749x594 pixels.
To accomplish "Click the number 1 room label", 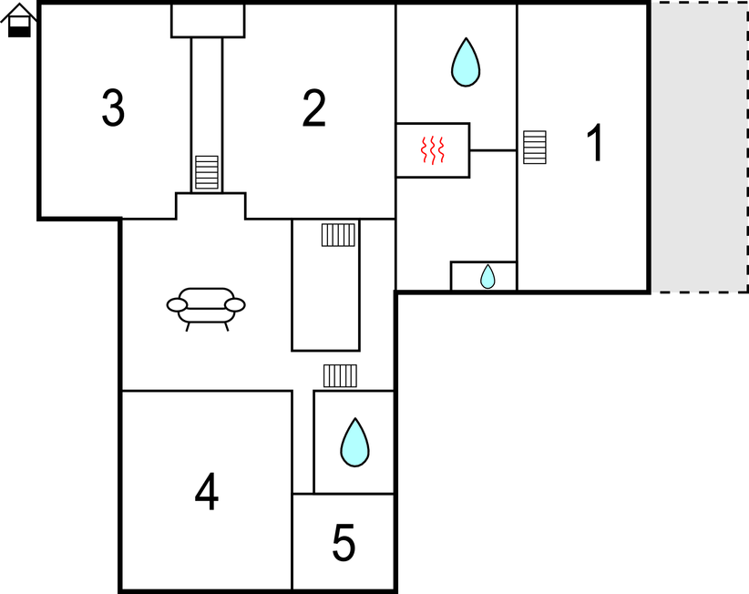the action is click(x=595, y=143).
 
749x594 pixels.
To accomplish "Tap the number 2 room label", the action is click(x=313, y=108).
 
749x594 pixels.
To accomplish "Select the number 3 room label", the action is click(x=113, y=108).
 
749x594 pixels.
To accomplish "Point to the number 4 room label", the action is click(x=206, y=492).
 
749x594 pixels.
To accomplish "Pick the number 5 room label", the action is click(x=344, y=542).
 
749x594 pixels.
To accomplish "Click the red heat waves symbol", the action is click(x=433, y=150).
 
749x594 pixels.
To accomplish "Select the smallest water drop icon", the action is click(x=487, y=276).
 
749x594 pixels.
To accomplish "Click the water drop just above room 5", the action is click(x=355, y=443).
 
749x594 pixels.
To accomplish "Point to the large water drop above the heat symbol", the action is click(x=466, y=63).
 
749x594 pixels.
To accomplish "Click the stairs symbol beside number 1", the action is click(x=535, y=147).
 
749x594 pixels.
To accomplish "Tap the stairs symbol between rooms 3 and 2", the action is click(x=207, y=172).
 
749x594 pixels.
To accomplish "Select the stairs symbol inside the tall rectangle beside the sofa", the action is click(x=338, y=234).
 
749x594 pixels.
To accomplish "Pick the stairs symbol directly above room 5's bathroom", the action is click(x=340, y=375).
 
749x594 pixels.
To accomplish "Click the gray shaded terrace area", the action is click(x=699, y=147).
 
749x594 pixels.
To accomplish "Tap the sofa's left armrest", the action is click(x=177, y=304).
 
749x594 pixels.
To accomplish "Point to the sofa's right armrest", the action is click(x=235, y=304).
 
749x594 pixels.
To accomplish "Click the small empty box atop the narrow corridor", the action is click(x=208, y=21).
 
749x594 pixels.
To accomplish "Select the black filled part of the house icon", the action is click(x=19, y=32).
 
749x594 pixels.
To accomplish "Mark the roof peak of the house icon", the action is click(x=19, y=5).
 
